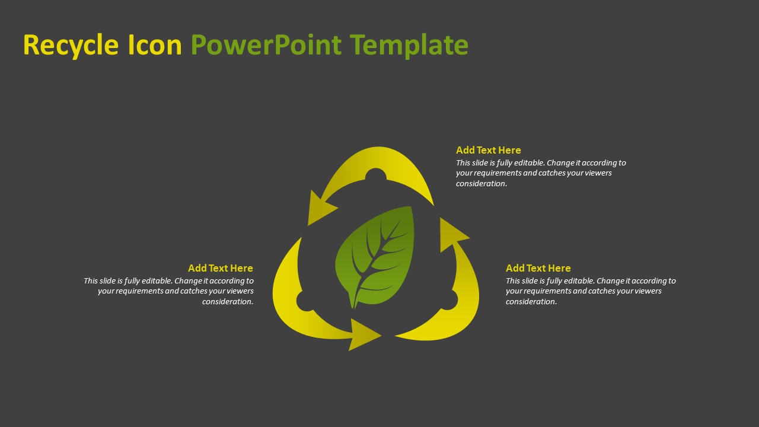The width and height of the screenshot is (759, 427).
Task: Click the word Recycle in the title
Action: [71, 46]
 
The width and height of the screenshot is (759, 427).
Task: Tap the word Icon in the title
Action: [155, 44]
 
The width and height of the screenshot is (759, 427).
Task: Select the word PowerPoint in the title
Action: [266, 44]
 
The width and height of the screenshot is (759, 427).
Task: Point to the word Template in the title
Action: [409, 46]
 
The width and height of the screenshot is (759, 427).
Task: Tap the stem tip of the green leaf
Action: [354, 308]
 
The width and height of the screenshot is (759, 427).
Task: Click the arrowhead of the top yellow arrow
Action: [320, 208]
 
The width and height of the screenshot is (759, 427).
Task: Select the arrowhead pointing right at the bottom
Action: [365, 335]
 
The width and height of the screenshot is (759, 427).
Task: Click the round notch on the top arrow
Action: [376, 174]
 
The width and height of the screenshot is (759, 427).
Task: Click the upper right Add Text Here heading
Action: [488, 150]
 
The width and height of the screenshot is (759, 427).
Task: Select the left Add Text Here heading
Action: [220, 269]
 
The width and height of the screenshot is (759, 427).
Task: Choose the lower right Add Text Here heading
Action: [538, 269]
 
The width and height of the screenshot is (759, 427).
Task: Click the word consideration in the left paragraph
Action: [228, 302]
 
